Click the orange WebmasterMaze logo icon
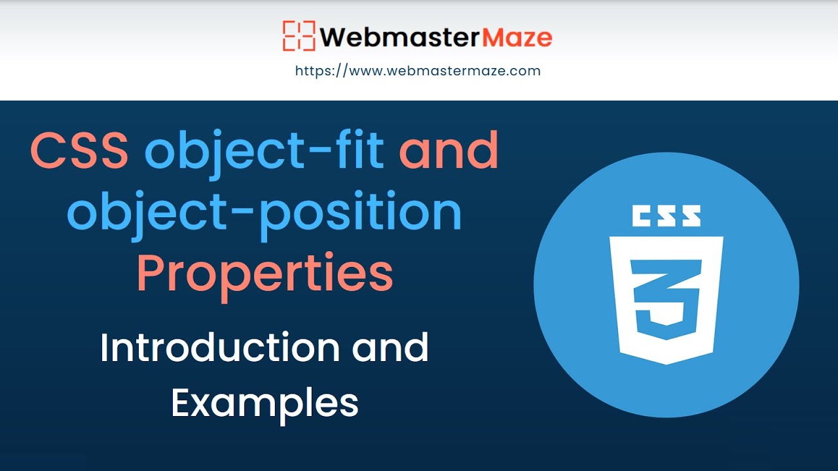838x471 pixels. point(299,36)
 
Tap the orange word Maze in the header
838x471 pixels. point(517,37)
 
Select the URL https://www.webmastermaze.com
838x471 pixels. point(418,71)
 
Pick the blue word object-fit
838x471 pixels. point(264,150)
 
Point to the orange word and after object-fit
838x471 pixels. point(448,150)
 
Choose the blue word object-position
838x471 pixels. point(264,213)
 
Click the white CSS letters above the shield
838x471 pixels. point(666,216)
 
